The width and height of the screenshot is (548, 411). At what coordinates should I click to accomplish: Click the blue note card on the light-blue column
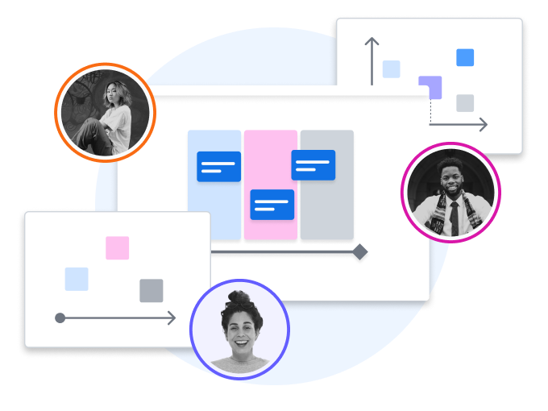click(218, 166)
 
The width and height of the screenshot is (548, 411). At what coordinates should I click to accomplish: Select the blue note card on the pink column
click(272, 205)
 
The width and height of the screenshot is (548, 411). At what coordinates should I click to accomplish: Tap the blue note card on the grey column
click(313, 165)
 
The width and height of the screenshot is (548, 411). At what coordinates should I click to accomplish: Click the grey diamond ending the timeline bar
click(359, 252)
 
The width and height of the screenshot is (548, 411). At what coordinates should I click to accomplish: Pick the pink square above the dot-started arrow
click(117, 247)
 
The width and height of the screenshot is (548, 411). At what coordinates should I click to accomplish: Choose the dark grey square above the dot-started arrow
click(151, 290)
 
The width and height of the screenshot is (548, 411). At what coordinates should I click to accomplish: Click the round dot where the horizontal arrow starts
click(60, 318)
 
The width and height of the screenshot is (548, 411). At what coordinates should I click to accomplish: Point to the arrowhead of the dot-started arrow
click(172, 318)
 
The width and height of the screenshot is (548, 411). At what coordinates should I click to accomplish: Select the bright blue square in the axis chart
click(464, 57)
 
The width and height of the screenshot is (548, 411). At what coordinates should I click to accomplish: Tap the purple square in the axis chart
click(430, 86)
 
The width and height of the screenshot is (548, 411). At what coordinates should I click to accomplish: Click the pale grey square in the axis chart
click(464, 103)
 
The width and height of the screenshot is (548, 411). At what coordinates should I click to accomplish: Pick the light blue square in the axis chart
click(391, 69)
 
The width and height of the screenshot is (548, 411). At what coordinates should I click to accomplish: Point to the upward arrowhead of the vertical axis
click(371, 40)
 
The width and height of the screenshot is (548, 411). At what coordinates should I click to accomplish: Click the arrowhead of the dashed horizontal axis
click(483, 124)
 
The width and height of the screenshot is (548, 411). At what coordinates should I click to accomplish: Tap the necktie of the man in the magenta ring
click(454, 216)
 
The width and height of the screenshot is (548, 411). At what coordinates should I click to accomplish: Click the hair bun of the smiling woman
click(239, 297)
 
